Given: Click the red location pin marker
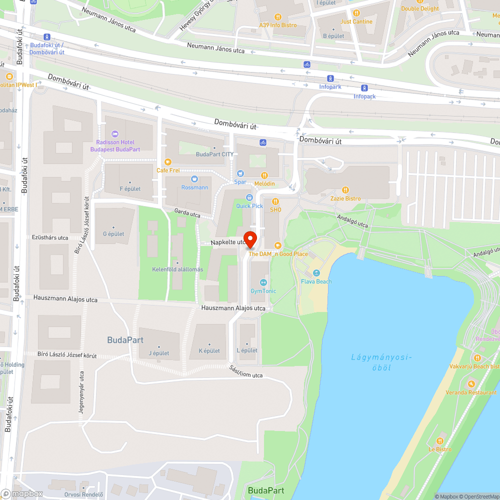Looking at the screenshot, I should [x=250, y=239].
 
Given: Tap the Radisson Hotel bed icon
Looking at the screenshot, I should [x=115, y=134].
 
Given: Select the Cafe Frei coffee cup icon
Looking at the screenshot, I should [x=167, y=161].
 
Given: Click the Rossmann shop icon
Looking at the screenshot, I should [x=194, y=179].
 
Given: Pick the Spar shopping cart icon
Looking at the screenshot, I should [x=240, y=173].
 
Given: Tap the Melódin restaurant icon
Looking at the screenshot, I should [x=264, y=175].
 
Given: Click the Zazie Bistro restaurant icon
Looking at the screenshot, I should [x=345, y=190].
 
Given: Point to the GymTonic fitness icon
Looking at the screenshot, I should [x=263, y=282].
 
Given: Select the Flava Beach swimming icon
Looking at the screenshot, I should [x=316, y=273].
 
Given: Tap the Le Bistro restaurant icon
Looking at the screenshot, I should [x=440, y=440].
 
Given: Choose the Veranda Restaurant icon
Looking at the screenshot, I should [x=471, y=384].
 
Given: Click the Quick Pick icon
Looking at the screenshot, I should [x=249, y=197].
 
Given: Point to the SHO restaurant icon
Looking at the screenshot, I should [x=275, y=201].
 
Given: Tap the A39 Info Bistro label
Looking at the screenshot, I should [x=277, y=25].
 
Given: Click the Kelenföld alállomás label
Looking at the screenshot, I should [x=177, y=269].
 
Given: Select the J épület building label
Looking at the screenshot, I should [x=158, y=353].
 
